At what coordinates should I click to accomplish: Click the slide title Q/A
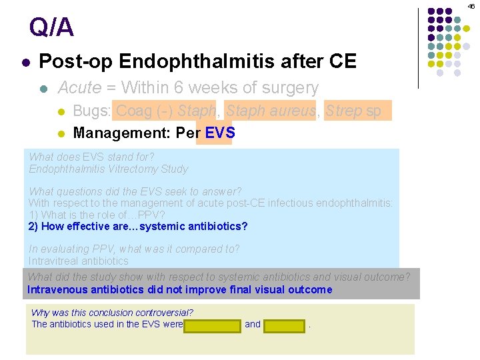click(51, 28)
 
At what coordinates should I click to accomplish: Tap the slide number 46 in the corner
click(471, 6)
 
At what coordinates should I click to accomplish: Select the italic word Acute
click(80, 88)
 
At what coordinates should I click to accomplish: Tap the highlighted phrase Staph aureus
click(270, 111)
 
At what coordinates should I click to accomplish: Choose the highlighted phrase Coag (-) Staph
click(165, 111)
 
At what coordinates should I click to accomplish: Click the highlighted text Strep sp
click(353, 111)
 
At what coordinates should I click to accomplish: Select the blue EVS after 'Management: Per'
click(219, 133)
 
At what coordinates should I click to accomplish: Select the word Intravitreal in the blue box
click(54, 261)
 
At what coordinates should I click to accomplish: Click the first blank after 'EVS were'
click(212, 325)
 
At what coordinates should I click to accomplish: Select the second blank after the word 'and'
click(285, 325)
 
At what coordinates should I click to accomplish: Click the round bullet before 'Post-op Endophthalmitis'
click(25, 63)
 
